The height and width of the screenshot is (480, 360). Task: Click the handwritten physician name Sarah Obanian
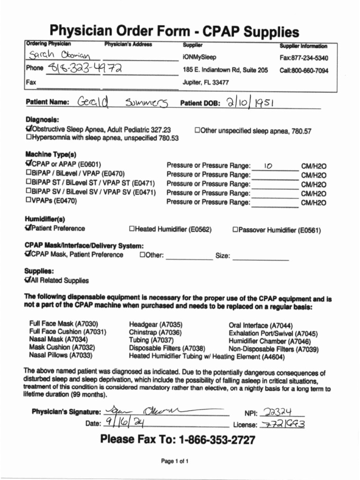coord(62,57)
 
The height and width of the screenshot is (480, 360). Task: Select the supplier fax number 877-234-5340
coord(304,58)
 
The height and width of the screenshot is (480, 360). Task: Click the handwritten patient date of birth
coord(250,102)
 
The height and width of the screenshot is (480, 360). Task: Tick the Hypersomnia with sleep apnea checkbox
coord(29,138)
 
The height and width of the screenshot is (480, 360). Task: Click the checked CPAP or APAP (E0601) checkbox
coord(29,164)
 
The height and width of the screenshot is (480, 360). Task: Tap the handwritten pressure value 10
coord(268,165)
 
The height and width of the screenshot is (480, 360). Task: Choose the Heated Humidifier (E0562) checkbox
coord(132,229)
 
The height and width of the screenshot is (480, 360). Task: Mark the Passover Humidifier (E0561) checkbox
coord(235,230)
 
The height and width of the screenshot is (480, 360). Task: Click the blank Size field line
coord(260,257)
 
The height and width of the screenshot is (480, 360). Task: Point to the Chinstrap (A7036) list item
coord(149,332)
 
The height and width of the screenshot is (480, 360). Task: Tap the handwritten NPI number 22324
coord(278,412)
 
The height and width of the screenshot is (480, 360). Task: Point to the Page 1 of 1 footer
coord(175,461)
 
